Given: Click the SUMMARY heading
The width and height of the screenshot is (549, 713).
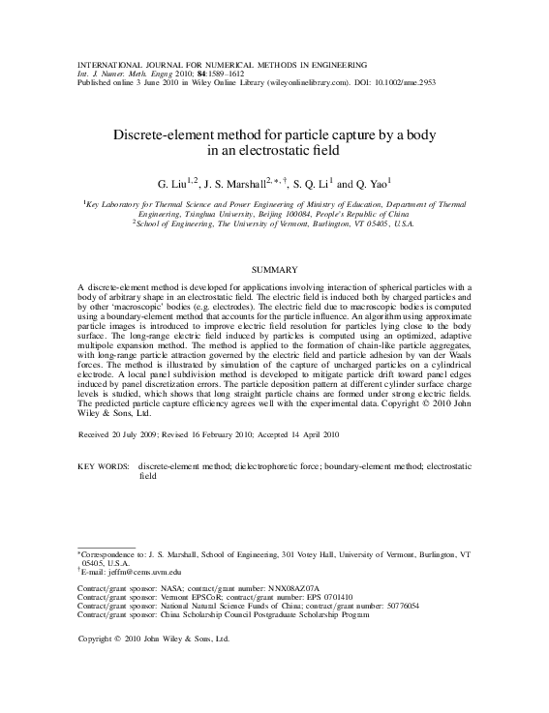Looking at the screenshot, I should click(274, 268).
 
